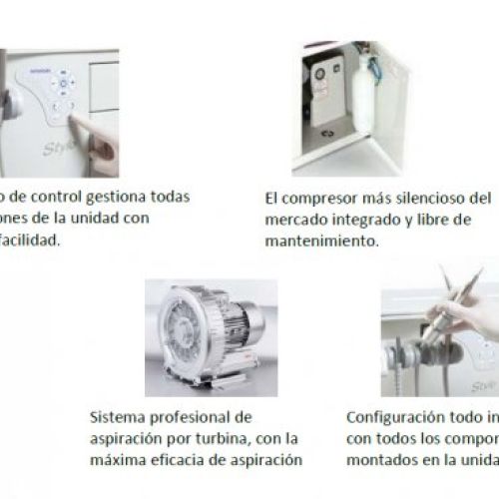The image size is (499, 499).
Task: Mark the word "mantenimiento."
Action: (x=321, y=241)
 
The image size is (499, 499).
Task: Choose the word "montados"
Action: (x=381, y=459)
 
